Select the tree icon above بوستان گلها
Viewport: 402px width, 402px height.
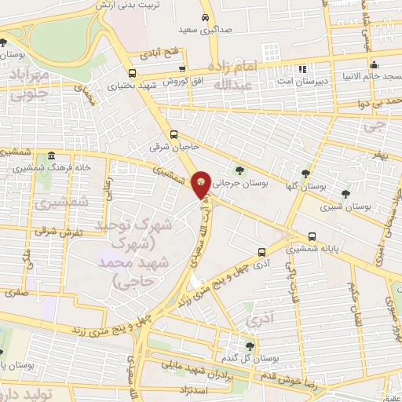point(305,174)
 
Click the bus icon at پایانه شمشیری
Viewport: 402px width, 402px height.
point(312,236)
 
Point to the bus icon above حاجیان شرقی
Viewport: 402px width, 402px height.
point(174,133)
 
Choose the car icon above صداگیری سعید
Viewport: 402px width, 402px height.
point(205,16)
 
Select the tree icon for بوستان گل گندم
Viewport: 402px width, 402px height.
point(250,345)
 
